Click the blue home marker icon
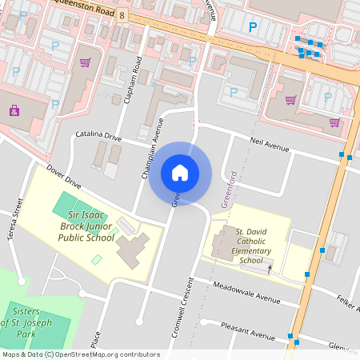coord(179,173)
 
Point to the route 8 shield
coord(122,15)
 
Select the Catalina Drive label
coord(98,138)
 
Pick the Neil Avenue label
coord(268,146)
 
